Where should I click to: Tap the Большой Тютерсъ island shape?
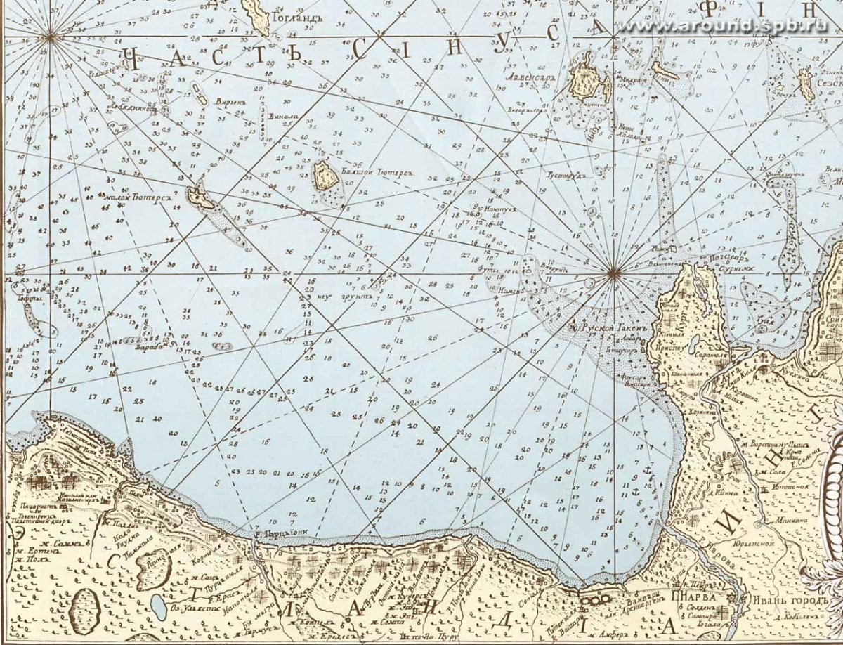pyautogui.click(x=325, y=176)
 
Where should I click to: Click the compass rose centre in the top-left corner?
pyautogui.click(x=50, y=38)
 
